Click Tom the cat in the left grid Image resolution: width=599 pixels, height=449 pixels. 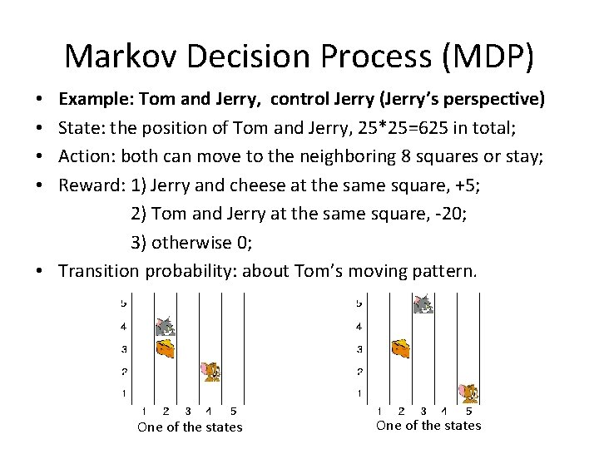click(166, 326)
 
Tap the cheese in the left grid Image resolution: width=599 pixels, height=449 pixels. click(166, 348)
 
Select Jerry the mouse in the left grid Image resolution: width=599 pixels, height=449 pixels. click(211, 371)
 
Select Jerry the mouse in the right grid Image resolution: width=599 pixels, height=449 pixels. click(470, 392)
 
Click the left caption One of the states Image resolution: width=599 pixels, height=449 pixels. click(190, 427)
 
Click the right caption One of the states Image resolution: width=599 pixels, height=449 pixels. click(428, 426)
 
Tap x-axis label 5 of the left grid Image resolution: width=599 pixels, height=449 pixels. click(233, 411)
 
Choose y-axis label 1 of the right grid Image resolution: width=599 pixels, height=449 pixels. click(359, 393)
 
